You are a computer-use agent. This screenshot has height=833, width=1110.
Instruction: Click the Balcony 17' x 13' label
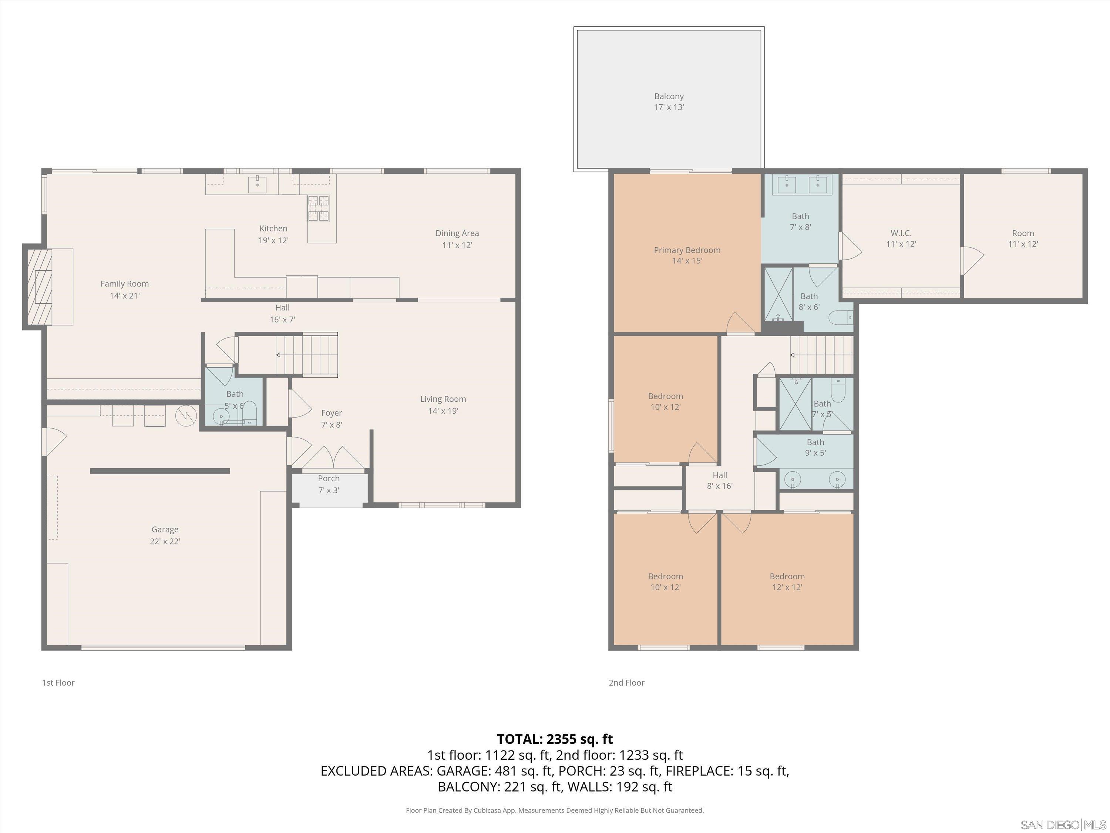coord(669,101)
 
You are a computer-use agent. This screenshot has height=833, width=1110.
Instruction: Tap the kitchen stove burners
coord(319,208)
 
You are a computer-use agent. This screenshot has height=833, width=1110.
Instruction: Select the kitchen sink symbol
coord(258,184)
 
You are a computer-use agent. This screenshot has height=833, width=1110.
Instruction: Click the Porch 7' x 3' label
coord(329,484)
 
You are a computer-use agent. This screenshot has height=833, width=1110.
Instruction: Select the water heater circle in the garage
coord(186,415)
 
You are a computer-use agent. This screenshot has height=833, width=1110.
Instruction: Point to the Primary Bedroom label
coord(687,255)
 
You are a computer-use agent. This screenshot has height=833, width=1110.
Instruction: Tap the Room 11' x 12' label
coord(1023,238)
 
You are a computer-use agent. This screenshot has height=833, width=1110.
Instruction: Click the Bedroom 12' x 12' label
coord(787,582)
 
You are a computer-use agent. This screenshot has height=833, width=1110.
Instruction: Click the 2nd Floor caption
coord(626,683)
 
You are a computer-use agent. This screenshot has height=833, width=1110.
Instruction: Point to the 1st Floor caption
coord(58,683)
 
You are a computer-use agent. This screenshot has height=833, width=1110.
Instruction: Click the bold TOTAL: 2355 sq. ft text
coord(555,739)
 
